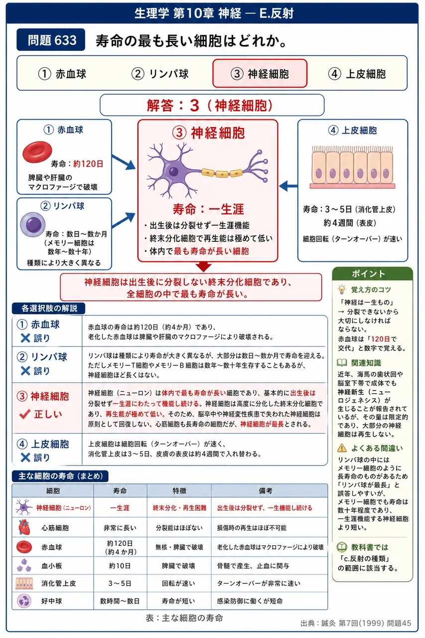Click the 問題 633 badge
coord(51,39)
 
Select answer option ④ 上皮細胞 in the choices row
coord(357,74)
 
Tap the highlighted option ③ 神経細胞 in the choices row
coord(260,73)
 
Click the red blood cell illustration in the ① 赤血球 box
coord(37,152)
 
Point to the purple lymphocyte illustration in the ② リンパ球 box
coord(33,224)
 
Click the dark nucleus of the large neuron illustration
coord(173,171)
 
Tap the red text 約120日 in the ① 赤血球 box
coord(88,164)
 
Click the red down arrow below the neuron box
coord(204,266)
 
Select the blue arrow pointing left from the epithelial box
coord(288,186)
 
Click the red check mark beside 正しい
coord(25,414)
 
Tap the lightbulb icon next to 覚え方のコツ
coord(342,290)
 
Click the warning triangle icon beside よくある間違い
coord(342,448)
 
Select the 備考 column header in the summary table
coord(265,490)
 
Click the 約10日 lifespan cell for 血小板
coord(120,565)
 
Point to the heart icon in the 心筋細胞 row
coord(24,527)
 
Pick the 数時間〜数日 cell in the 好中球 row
coord(120,601)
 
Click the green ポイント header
coord(372,274)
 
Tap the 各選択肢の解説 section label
coord(49,308)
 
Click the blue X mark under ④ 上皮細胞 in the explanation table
coord(25,458)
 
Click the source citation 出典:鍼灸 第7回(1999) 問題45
coord(356,623)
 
